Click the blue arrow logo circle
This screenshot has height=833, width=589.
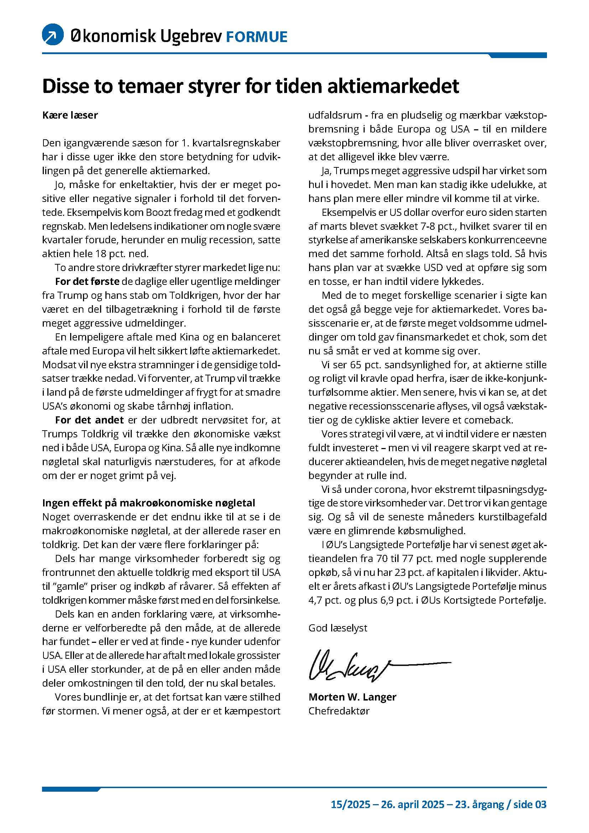click(x=53, y=35)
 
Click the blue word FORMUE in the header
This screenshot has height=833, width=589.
click(x=256, y=37)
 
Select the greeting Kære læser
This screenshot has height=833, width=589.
click(x=70, y=115)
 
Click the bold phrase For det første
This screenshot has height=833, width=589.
click(x=87, y=282)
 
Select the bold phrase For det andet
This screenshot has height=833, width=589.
click(x=89, y=420)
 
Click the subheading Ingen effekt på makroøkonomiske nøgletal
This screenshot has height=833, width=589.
click(x=149, y=503)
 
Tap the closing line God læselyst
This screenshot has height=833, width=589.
click(x=338, y=628)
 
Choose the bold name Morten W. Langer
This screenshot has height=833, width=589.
click(x=352, y=697)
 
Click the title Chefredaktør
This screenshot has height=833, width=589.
click(x=339, y=711)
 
